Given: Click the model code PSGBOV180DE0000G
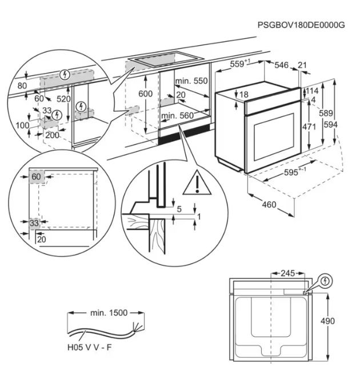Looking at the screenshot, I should pyautogui.click(x=301, y=25).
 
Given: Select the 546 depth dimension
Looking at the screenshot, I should pyautogui.click(x=281, y=65).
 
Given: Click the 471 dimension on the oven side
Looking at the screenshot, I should pyautogui.click(x=309, y=127).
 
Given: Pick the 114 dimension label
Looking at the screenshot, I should pyautogui.click(x=311, y=91).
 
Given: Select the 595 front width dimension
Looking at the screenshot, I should pyautogui.click(x=295, y=173).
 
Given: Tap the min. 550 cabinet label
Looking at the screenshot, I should pyautogui.click(x=191, y=81).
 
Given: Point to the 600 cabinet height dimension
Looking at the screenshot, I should pyautogui.click(x=145, y=94).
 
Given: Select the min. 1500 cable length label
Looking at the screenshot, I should pyautogui.click(x=109, y=313).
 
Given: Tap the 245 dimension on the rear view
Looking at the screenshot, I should pyautogui.click(x=287, y=273).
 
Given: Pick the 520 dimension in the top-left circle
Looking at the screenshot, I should pyautogui.click(x=63, y=98).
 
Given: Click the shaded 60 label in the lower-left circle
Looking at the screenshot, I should pyautogui.click(x=36, y=177).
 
